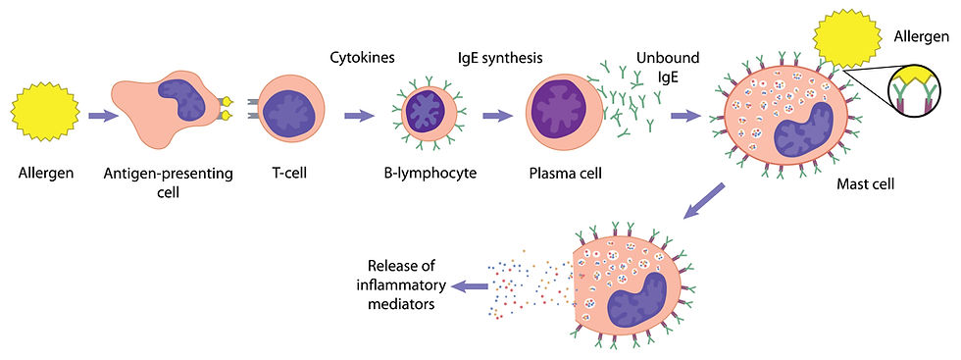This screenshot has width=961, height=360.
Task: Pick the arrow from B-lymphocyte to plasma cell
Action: click(498, 116)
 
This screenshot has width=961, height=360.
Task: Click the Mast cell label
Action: click(866, 183)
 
